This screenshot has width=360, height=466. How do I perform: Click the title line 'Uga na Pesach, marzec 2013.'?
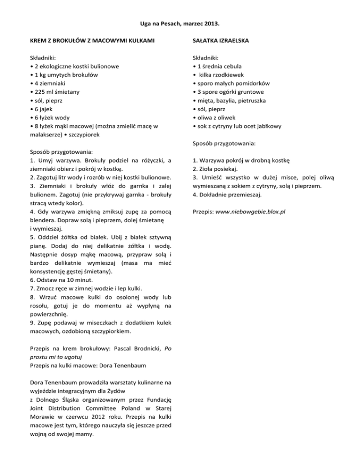180,23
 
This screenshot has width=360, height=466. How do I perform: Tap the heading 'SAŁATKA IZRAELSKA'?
221,41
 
